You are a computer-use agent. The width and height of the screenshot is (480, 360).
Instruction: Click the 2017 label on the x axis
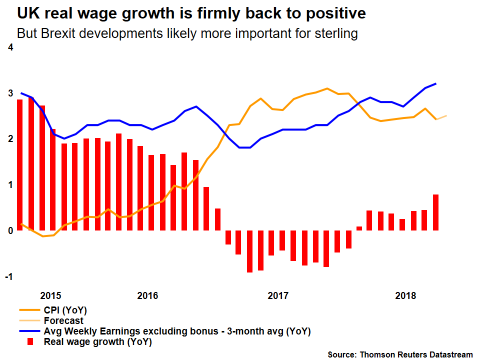point(278,295)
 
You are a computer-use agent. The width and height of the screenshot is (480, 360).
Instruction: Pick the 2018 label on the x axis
point(405,295)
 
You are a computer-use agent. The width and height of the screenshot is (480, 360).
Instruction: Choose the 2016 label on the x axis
point(147,295)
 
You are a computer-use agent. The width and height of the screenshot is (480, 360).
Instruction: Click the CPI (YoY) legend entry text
point(62,310)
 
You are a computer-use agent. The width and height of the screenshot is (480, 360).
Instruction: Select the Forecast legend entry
point(64,321)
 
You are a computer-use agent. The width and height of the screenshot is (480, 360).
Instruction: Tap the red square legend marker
point(30,342)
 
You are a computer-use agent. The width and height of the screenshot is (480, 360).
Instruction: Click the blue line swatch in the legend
point(29,331)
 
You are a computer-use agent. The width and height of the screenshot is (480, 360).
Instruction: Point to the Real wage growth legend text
point(98,342)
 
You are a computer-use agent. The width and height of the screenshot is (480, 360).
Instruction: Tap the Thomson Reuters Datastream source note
point(400,354)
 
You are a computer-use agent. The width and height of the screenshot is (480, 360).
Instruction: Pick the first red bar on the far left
point(20,165)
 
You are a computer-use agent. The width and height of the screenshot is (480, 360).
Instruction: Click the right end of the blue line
point(436,83)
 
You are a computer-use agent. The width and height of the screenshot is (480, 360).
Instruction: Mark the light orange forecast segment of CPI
point(441,117)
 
